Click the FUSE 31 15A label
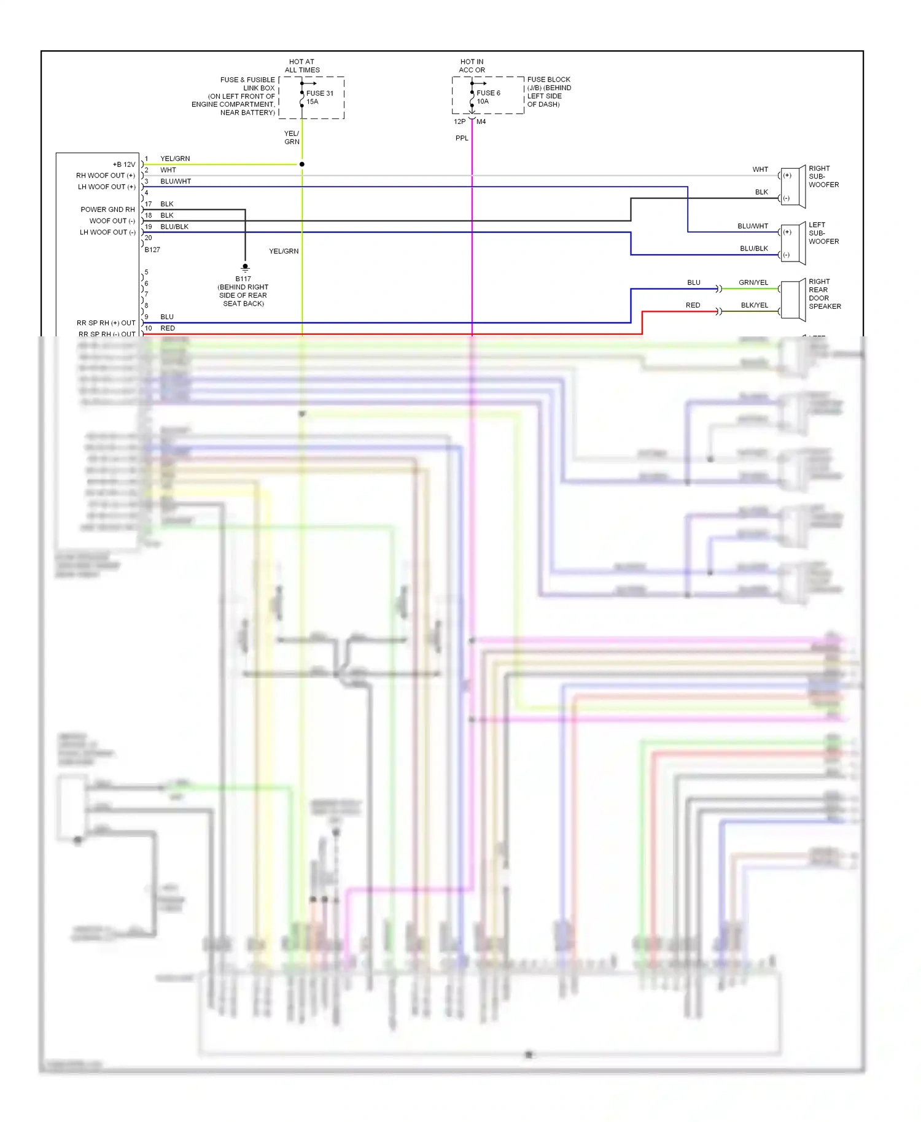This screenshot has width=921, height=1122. pyautogui.click(x=320, y=98)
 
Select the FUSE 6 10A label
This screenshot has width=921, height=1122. pyautogui.click(x=488, y=97)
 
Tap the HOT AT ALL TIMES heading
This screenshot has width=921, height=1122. pyautogui.click(x=301, y=66)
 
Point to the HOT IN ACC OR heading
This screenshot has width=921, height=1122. pyautogui.click(x=472, y=66)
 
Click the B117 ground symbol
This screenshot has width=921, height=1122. pyautogui.click(x=245, y=268)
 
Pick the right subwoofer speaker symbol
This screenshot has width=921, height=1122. pyautogui.click(x=793, y=187)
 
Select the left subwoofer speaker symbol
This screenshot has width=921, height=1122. pyautogui.click(x=793, y=243)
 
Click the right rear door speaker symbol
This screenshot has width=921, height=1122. pyautogui.click(x=793, y=300)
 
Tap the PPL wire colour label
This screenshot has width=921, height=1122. pyautogui.click(x=462, y=138)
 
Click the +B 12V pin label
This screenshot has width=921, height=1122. pyautogui.click(x=124, y=164)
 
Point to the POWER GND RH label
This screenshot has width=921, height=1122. pyautogui.click(x=107, y=209)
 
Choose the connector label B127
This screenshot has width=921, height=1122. pyautogui.click(x=152, y=250)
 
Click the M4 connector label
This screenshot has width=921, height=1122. pyautogui.click(x=481, y=122)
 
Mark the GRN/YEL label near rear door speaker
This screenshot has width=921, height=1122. pyautogui.click(x=753, y=282)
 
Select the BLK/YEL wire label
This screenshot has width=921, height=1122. pyautogui.click(x=754, y=305)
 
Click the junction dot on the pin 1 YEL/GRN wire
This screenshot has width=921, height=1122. pyautogui.click(x=301, y=164)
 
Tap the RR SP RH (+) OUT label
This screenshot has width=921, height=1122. pyautogui.click(x=106, y=323)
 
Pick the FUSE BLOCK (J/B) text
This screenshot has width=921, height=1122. pyautogui.click(x=548, y=83)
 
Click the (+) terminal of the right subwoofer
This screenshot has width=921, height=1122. pyautogui.click(x=787, y=176)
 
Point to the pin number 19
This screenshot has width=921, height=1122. pyautogui.click(x=148, y=226)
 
